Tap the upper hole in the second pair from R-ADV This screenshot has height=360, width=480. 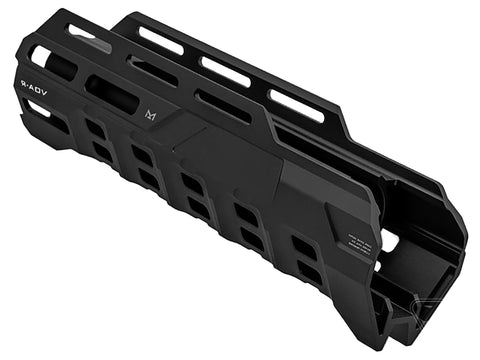(141, 156)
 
